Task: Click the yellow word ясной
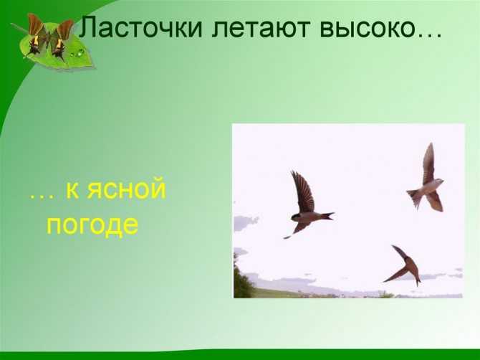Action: [126, 190]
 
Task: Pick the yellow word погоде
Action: [92, 226]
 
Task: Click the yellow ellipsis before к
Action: [42, 196]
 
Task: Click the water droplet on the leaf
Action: [80, 52]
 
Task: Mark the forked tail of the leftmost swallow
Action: [327, 215]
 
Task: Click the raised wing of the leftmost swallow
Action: [303, 191]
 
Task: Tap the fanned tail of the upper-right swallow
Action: [414, 198]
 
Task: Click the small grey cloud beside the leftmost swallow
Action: [246, 222]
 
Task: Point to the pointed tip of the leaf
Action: [95, 67]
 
